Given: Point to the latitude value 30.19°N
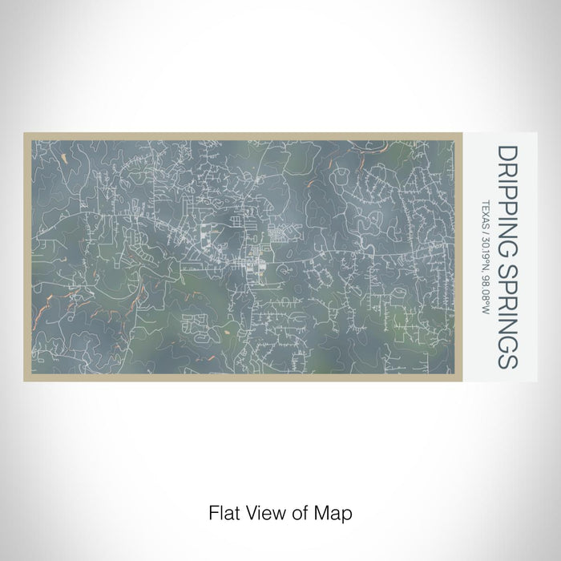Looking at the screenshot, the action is tap(486, 257).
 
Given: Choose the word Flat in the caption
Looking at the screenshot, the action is tap(222, 511).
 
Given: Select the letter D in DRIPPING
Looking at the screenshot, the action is tap(507, 151).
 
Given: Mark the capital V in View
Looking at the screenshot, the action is tap(251, 511).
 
